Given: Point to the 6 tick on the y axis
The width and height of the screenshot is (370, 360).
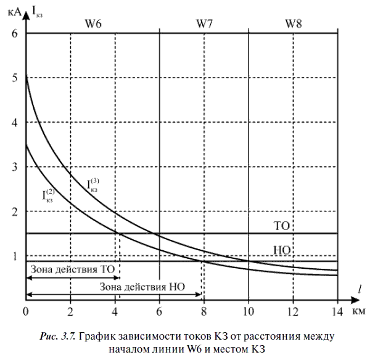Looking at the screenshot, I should (x=15, y=33).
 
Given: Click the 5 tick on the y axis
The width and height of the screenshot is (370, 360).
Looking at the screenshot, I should (x=15, y=78).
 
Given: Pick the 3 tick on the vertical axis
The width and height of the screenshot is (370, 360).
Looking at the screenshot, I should (x=15, y=167).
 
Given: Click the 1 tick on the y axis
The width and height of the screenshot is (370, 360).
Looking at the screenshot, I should (x=15, y=256).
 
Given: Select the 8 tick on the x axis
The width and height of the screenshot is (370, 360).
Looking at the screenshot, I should (x=204, y=310).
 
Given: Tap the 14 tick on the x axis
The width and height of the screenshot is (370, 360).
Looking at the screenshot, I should (x=337, y=310).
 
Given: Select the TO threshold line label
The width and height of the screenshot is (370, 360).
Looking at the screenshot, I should (x=281, y=226).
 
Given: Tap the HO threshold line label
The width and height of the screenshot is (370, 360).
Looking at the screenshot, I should (x=281, y=250).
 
